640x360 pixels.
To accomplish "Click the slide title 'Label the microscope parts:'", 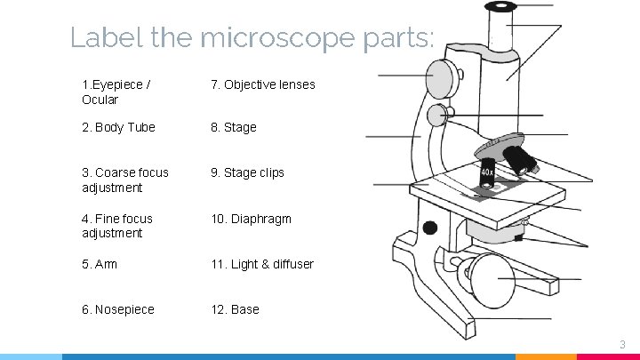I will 252,37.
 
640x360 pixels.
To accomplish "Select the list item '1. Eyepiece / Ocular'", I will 116,92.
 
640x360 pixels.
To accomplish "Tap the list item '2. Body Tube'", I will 118,127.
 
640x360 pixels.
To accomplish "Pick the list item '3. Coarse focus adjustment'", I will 124,180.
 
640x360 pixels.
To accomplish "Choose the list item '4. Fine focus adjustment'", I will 116,226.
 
